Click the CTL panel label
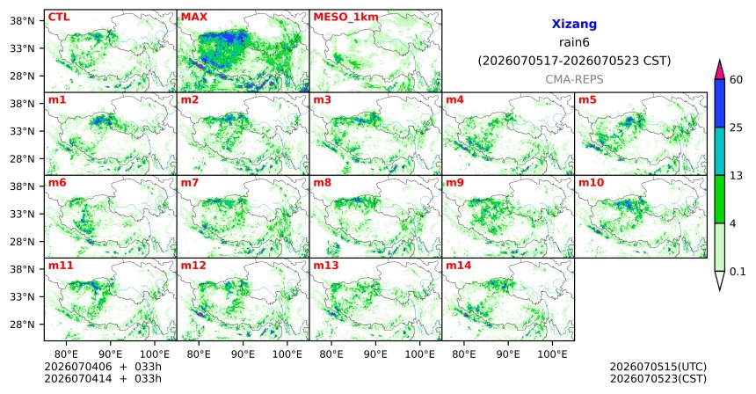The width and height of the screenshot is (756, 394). pos(58,17)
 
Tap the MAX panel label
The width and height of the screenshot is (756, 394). pos(193,17)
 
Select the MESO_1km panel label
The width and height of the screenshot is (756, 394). pos(345,18)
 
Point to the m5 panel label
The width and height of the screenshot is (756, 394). pos(587,100)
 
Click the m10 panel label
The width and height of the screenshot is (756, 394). pos(591,183)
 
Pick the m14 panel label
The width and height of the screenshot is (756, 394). pos(459,266)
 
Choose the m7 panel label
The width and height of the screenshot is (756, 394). pos(190,183)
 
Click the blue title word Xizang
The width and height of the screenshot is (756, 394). pos(574,24)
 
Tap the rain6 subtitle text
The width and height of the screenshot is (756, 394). pos(574,42)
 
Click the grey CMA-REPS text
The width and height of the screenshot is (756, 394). pos(574,79)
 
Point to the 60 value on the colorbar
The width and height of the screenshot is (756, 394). pos(736,80)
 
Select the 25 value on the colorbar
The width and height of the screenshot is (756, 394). pos(736,128)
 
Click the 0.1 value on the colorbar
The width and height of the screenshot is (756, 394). pos(738,272)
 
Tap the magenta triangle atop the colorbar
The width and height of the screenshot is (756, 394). pos(720,70)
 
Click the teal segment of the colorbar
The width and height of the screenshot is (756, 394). pos(720,151)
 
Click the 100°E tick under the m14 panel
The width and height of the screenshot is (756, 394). pos(552,355)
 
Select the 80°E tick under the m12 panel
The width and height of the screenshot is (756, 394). pos(199,355)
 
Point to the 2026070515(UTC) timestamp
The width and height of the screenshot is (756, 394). pos(658,368)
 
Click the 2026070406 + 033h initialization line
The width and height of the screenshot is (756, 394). pos(103,368)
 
